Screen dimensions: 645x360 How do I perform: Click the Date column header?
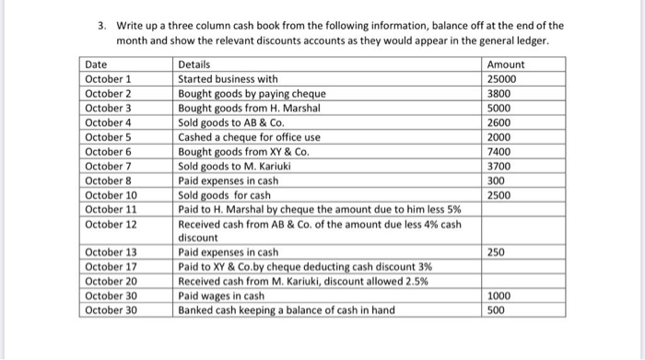pyautogui.click(x=96, y=65)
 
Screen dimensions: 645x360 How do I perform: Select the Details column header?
pyautogui.click(x=193, y=65)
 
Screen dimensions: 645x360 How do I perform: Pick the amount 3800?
pyautogui.click(x=497, y=93)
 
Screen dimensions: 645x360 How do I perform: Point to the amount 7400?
pyautogui.click(x=497, y=151)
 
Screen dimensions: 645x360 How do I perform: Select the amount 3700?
pyautogui.click(x=497, y=166)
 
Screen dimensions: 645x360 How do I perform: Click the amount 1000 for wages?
pyautogui.click(x=497, y=296)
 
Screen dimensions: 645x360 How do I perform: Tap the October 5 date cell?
pyautogui.click(x=109, y=136)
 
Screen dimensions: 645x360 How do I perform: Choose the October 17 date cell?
pyautogui.click(x=111, y=267)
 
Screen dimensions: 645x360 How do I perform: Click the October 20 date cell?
pyautogui.click(x=111, y=281)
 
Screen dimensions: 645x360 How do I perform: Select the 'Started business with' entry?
pyautogui.click(x=227, y=79)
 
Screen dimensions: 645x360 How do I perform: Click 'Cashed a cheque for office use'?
pyautogui.click(x=249, y=136)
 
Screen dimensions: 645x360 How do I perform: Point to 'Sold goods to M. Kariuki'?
pyautogui.click(x=236, y=166)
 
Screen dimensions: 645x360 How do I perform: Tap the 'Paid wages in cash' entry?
pyautogui.click(x=222, y=296)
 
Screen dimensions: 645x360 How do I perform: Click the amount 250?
pyautogui.click(x=494, y=251)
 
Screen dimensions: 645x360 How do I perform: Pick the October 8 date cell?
pyautogui.click(x=109, y=180)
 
